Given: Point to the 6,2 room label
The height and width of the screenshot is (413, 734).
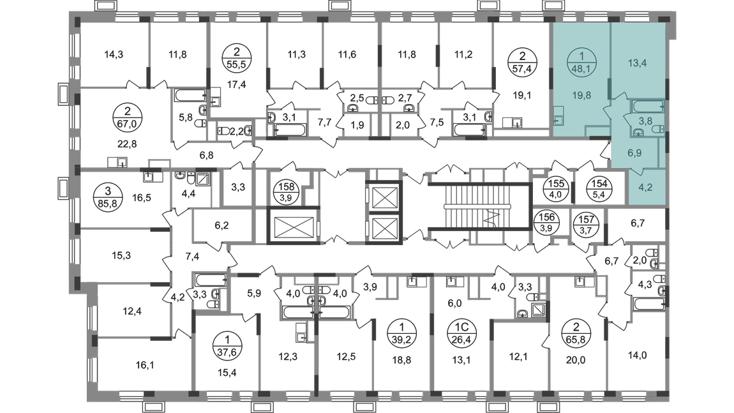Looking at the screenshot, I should tap(221, 225).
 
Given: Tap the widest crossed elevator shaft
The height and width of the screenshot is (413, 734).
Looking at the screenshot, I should tap(294, 227).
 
